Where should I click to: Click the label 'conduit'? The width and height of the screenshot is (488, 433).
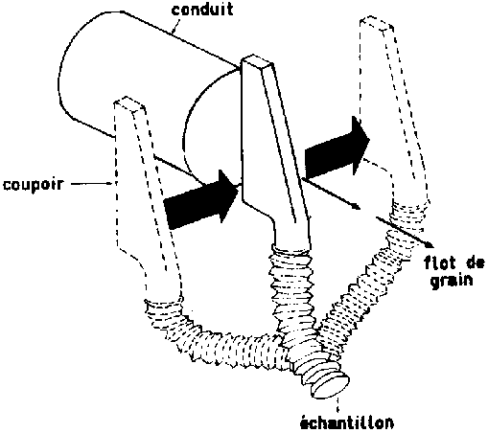[x=202, y=10]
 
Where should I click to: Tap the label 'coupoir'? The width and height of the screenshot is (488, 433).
[x=34, y=184]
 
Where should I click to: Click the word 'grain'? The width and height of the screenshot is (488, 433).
[x=452, y=281]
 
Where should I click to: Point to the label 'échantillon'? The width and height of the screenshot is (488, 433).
[x=347, y=422]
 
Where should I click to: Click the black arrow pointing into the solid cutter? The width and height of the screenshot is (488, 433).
[x=201, y=199]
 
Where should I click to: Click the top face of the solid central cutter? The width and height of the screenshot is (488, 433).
[x=258, y=61]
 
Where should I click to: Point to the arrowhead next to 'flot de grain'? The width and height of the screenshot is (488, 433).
[x=429, y=244]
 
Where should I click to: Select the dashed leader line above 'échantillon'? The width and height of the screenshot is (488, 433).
[x=338, y=405]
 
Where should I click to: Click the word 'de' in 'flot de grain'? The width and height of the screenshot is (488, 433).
[x=474, y=262]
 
